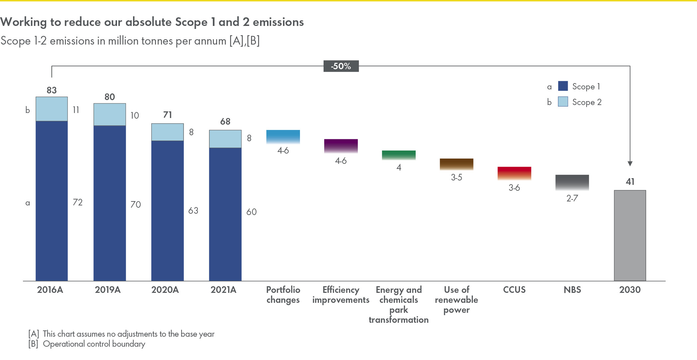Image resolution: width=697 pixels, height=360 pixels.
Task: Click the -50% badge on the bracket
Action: [341, 66]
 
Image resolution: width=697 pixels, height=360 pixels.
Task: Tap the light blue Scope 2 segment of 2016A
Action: [52, 109]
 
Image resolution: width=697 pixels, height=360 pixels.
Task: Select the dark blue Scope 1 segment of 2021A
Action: [225, 214]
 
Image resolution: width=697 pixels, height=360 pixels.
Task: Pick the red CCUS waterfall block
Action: [514, 173]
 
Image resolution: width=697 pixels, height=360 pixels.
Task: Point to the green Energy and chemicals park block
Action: [399, 155]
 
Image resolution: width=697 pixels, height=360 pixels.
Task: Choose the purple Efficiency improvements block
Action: [341, 146]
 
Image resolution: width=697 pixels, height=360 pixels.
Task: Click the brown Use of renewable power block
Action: [456, 164]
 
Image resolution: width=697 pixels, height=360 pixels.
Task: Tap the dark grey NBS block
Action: [572, 182]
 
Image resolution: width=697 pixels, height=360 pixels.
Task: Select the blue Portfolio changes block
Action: [283, 136]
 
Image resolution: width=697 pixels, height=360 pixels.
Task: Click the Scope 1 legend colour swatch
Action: [563, 86]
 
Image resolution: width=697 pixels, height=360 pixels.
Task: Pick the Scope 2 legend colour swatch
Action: [563, 102]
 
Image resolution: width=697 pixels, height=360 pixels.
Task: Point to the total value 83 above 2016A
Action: [52, 90]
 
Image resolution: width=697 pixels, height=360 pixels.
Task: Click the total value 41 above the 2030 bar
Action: [630, 181]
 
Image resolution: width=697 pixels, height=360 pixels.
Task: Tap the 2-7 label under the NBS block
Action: [572, 198]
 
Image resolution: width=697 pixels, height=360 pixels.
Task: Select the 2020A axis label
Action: [165, 290]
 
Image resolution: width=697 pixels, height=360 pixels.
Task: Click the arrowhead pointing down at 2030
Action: [630, 164]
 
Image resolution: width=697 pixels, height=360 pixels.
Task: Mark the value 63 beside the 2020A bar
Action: [193, 210]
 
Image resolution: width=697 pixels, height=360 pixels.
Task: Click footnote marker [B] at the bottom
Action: [33, 344]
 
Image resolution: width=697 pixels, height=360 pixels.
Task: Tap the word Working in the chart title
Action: [24, 22]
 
